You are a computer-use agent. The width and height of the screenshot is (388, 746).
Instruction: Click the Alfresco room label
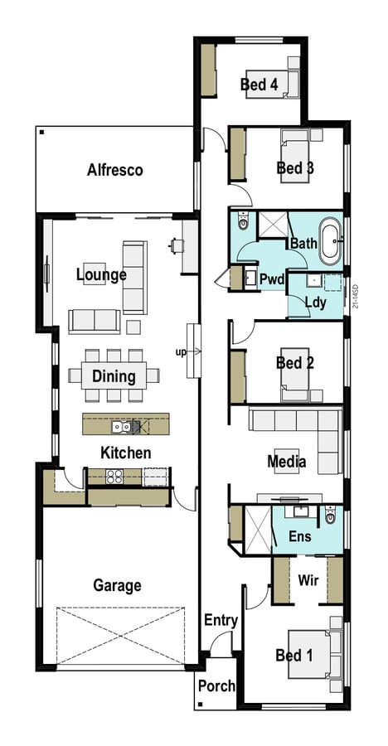tap(114, 170)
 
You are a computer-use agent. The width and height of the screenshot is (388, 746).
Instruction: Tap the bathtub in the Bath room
tap(330, 241)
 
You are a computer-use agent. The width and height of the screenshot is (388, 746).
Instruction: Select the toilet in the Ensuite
tap(331, 514)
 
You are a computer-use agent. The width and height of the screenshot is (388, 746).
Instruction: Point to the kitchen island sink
tap(121, 427)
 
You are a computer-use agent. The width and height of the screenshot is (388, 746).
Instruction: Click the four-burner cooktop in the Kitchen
tap(114, 477)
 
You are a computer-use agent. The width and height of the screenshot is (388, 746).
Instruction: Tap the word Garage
tap(117, 585)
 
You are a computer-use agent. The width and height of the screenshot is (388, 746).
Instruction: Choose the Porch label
tap(217, 686)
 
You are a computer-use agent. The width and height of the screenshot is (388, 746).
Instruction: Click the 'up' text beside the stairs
tap(181, 352)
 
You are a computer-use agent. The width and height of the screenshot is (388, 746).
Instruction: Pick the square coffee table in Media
tap(287, 461)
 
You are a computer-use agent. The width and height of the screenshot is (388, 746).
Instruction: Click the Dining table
tap(114, 375)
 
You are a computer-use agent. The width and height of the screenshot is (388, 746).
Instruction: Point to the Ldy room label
tap(315, 303)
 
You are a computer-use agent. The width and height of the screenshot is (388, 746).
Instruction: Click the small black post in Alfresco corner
tap(42, 133)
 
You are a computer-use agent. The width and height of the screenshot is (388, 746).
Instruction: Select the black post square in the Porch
tap(201, 704)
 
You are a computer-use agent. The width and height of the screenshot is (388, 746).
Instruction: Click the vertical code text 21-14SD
tap(356, 297)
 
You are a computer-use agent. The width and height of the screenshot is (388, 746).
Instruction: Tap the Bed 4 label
tap(259, 85)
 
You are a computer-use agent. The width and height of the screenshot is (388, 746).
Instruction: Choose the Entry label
tap(221, 620)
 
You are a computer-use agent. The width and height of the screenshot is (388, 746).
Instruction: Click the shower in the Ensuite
tap(257, 530)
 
